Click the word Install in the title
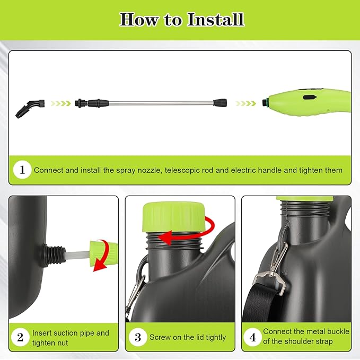click(x=215, y=20)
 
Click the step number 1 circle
click(x=22, y=170)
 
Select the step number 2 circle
click(x=20, y=337)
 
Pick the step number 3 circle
click(x=138, y=337)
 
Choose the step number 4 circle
click(x=253, y=337)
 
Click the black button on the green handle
click(x=309, y=98)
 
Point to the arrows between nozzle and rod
click(x=60, y=103)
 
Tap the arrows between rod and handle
click(x=245, y=103)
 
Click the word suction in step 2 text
click(x=62, y=333)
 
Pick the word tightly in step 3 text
click(x=216, y=338)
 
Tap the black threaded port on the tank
click(x=53, y=255)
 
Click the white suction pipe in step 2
click(x=77, y=255)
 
